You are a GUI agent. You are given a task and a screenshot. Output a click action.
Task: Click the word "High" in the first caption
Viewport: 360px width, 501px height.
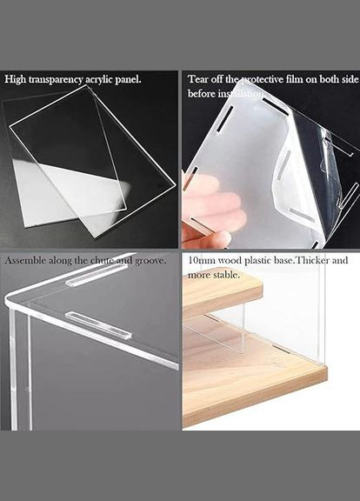[15, 79]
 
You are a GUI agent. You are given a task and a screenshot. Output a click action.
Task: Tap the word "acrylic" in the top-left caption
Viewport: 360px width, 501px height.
[99, 80]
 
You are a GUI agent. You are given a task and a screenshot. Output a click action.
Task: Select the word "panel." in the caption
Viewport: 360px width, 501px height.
[128, 79]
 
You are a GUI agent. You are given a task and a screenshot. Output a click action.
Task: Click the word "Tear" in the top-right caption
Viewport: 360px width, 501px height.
[197, 79]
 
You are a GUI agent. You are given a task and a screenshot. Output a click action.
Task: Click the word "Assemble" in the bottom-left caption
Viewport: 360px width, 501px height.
[25, 260]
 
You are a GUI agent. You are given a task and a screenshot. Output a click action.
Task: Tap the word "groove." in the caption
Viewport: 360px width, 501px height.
[150, 261]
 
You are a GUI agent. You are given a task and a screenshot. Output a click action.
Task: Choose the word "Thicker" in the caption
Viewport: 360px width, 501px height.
[311, 260]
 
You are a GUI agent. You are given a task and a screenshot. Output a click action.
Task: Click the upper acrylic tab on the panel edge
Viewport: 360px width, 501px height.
[91, 279]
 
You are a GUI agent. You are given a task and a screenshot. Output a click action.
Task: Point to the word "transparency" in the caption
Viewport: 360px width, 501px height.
[55, 80]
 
